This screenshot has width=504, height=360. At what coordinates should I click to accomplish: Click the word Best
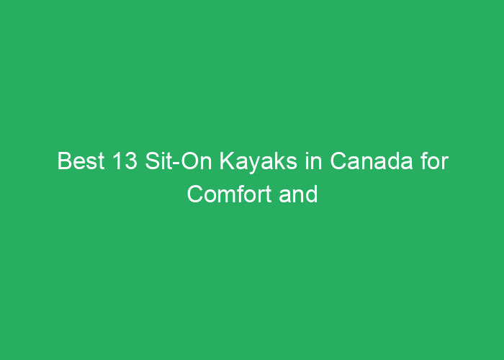point(81,161)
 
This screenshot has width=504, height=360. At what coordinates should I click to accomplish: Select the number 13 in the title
point(125,161)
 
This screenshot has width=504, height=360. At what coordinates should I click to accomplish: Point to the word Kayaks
point(258,162)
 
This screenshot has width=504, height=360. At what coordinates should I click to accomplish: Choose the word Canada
point(372,161)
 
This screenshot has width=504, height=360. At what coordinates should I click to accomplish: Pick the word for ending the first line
point(435,161)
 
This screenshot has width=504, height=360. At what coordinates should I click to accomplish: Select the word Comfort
point(229,194)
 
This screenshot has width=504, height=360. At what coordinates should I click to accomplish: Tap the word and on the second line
point(299,194)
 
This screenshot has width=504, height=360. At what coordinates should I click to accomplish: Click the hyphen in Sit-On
point(177,163)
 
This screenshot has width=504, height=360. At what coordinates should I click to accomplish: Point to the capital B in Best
point(65,161)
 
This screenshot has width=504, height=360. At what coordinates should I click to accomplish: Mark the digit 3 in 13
point(131,161)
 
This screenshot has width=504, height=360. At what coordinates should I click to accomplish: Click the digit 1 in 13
point(117,161)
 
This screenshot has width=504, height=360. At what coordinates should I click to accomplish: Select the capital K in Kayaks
point(228,161)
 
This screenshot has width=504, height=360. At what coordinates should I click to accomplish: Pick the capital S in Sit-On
point(153,161)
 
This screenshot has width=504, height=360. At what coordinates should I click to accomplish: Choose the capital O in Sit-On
point(190,161)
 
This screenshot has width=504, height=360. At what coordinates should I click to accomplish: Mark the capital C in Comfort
point(196,194)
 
